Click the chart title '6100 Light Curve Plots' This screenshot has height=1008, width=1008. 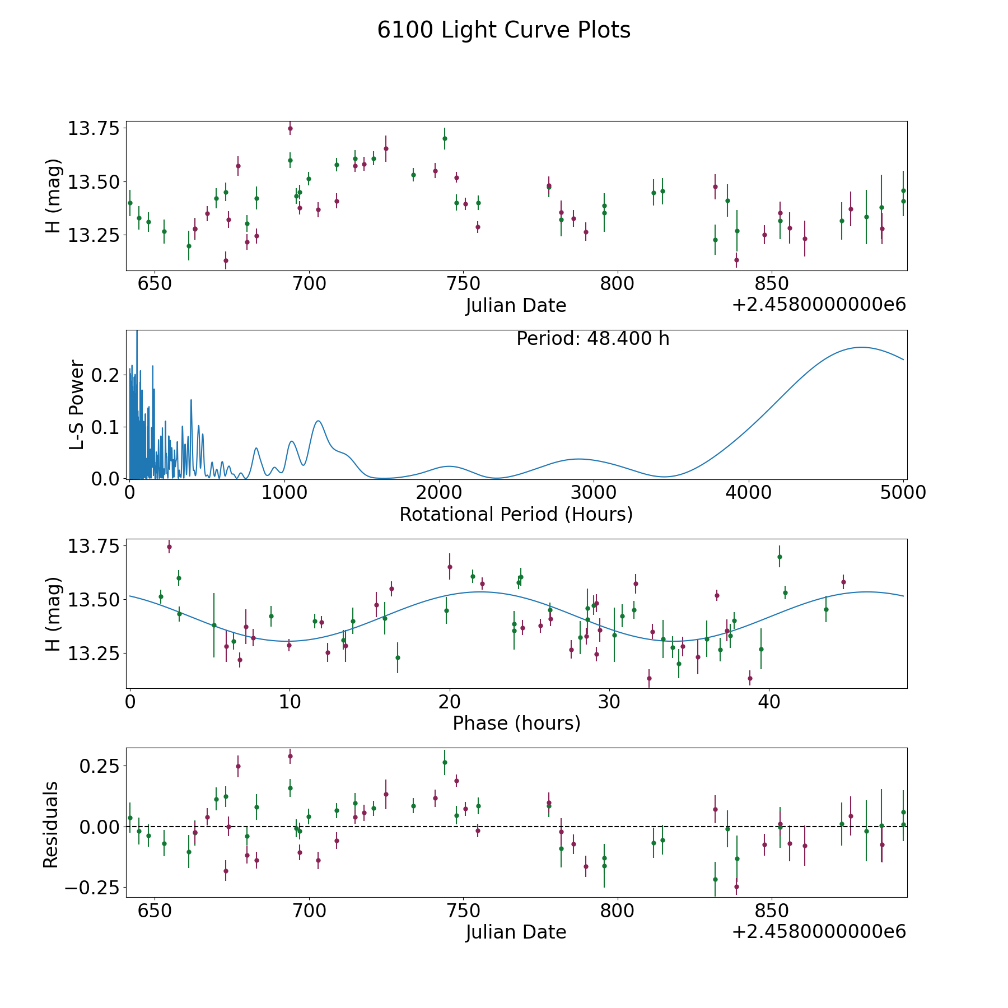[x=503, y=30]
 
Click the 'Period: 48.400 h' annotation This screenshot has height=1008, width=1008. [x=592, y=339]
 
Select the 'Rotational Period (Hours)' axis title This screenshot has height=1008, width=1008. [x=516, y=514]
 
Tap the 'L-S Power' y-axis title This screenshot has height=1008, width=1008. [x=77, y=404]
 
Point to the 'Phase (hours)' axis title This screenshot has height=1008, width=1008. [x=516, y=723]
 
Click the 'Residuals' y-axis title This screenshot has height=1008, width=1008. [x=51, y=824]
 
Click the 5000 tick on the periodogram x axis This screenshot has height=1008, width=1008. [x=903, y=493]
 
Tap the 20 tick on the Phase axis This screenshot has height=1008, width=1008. [x=449, y=702]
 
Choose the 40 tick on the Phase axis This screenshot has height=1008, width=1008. [x=769, y=702]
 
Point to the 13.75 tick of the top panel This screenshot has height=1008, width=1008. [x=94, y=129]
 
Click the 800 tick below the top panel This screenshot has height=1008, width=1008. [x=617, y=284]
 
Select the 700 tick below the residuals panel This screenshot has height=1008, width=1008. [x=309, y=911]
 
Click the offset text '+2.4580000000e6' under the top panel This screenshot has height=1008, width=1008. [x=819, y=305]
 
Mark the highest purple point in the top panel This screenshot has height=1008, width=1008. [x=290, y=128]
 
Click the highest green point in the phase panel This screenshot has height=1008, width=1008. [x=779, y=557]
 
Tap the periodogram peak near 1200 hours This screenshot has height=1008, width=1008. [x=318, y=421]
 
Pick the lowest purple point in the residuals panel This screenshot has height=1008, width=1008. [x=736, y=886]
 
